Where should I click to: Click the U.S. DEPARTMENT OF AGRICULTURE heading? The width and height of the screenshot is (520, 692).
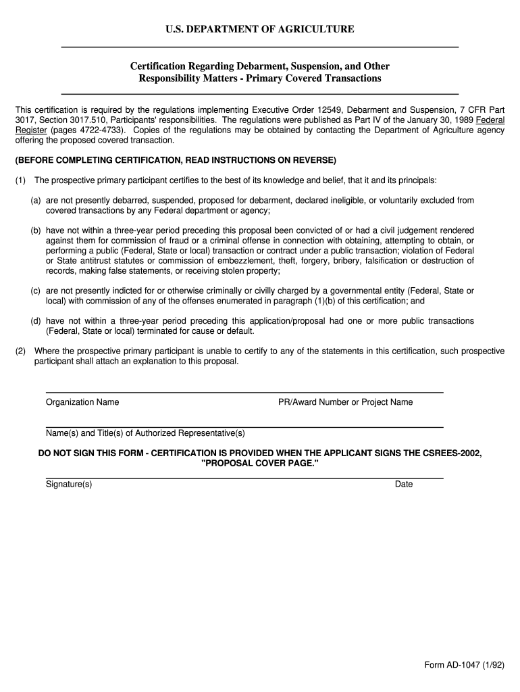point(260,29)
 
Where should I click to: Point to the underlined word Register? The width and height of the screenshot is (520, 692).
point(31,130)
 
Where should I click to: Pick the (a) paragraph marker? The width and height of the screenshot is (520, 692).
point(36,201)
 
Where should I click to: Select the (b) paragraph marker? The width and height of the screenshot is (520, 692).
point(36,230)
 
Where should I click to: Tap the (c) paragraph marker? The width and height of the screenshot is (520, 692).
point(36,291)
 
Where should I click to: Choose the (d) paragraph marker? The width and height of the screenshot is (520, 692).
point(36,321)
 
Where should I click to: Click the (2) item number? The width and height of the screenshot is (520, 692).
point(21,351)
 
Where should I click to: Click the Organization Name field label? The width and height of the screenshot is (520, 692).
point(82,402)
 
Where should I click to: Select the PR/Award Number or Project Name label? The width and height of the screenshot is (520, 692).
point(346,402)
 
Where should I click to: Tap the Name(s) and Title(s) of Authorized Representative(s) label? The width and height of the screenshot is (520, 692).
point(145,432)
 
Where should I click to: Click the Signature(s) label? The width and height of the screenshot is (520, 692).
point(69,484)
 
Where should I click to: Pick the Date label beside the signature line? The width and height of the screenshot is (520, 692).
point(404,484)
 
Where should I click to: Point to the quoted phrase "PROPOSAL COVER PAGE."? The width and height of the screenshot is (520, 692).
point(259,463)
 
